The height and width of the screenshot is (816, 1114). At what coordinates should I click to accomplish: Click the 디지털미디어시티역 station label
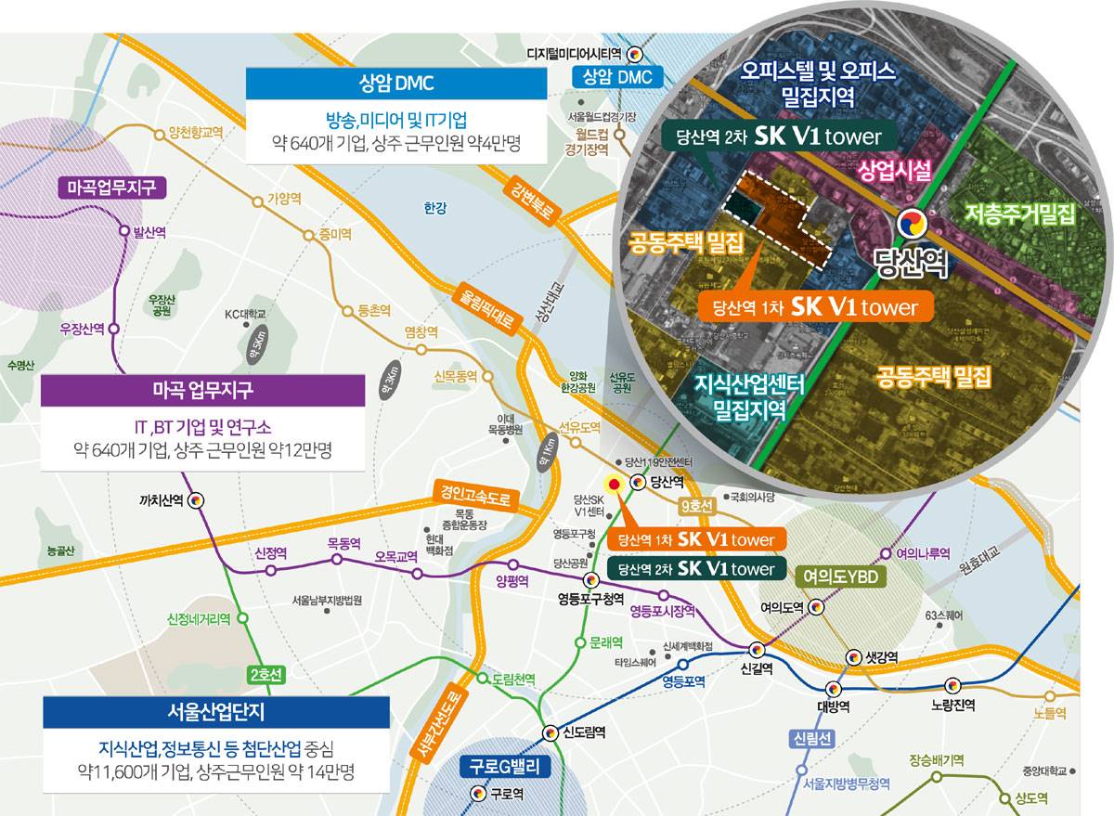click(x=576, y=54)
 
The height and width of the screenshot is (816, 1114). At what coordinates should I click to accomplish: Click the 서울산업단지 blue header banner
click(x=215, y=712)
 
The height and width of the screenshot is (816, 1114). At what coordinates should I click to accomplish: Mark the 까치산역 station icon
click(x=197, y=500)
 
